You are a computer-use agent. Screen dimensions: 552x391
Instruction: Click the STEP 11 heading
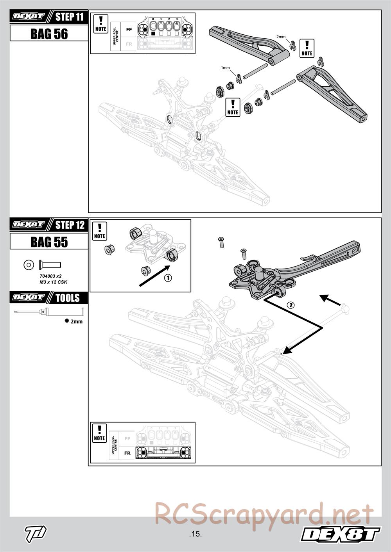70,17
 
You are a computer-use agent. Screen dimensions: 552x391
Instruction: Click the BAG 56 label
49,34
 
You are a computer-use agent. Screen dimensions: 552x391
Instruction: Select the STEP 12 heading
70,225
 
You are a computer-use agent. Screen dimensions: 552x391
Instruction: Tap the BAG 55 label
49,242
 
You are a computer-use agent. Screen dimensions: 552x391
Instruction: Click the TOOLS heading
67,298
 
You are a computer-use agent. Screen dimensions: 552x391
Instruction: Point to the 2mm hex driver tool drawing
49,312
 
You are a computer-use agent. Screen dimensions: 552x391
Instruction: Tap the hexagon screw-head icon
29,265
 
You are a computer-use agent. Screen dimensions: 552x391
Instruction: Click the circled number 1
167,278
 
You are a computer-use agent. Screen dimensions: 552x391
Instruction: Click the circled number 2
290,305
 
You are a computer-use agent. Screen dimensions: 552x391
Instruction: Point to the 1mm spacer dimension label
225,68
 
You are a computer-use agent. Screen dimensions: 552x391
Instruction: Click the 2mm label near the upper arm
281,37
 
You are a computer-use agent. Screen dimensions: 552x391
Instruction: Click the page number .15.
195,534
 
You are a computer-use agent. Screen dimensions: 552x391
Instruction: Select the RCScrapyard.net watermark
264,514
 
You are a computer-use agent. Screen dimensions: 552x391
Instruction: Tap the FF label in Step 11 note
129,29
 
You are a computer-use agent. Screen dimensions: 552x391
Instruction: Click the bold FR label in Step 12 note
127,453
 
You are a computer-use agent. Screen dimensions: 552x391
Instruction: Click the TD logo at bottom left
36,532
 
